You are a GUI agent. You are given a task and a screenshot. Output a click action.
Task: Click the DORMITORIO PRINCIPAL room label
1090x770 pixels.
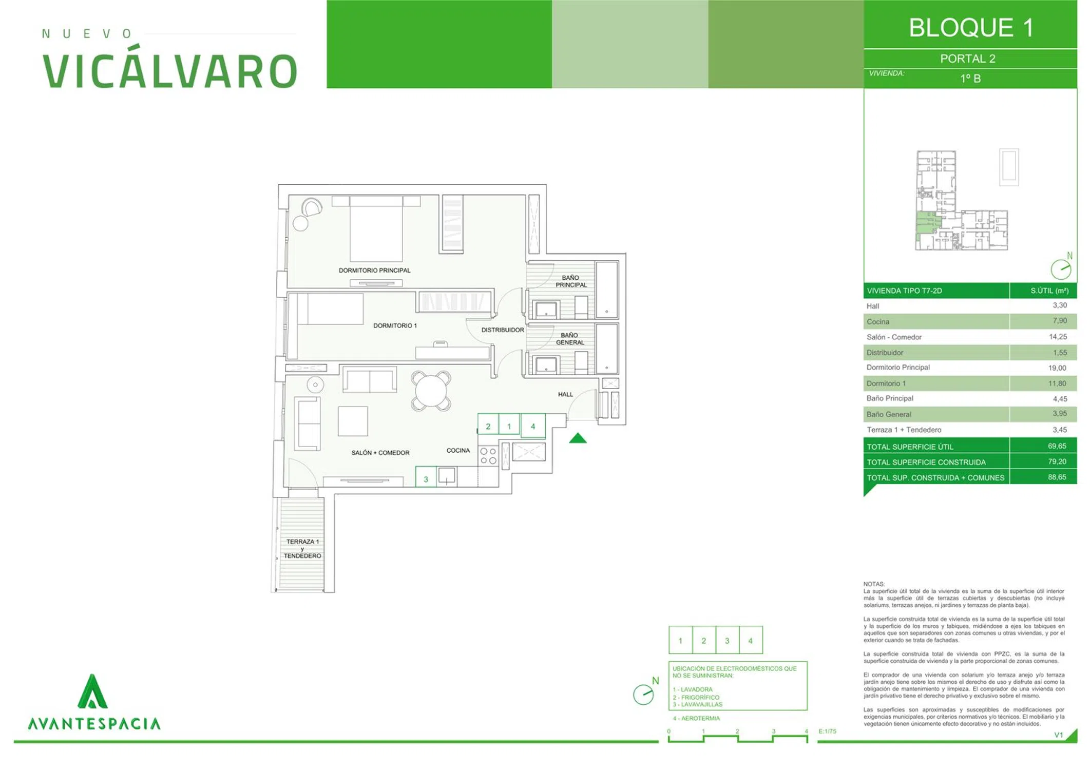pyautogui.click(x=374, y=271)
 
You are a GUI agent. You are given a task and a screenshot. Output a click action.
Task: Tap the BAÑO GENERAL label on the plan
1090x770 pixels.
pyautogui.click(x=570, y=339)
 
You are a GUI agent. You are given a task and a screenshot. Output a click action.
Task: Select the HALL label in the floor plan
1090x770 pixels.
pyautogui.click(x=565, y=394)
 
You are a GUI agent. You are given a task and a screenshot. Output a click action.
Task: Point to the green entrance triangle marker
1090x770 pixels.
pyautogui.click(x=578, y=438)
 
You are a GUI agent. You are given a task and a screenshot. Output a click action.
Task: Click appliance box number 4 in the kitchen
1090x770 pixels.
pyautogui.click(x=533, y=426)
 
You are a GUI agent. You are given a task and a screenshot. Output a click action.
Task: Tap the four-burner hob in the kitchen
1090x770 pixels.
pyautogui.click(x=488, y=456)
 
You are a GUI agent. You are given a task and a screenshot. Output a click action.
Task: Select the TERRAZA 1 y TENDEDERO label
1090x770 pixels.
pyautogui.click(x=302, y=549)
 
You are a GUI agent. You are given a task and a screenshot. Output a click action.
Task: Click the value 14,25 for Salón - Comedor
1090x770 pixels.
pyautogui.click(x=1058, y=337)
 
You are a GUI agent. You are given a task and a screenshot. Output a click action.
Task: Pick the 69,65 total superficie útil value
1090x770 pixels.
pyautogui.click(x=1057, y=446)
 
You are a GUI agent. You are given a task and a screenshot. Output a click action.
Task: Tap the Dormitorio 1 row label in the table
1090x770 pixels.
pyautogui.click(x=886, y=383)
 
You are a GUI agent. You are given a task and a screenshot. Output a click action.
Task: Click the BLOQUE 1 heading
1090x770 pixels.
pyautogui.click(x=971, y=28)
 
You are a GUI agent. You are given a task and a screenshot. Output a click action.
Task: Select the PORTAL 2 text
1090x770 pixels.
pyautogui.click(x=968, y=59)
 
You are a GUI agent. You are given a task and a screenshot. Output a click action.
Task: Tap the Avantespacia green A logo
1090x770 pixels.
pyautogui.click(x=92, y=691)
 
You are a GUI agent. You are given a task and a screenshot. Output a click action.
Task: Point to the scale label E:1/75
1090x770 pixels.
pyautogui.click(x=827, y=731)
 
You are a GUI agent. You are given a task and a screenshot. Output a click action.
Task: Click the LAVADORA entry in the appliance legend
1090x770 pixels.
pyautogui.click(x=693, y=689)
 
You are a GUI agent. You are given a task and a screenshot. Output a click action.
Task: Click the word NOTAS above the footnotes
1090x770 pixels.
pyautogui.click(x=874, y=584)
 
